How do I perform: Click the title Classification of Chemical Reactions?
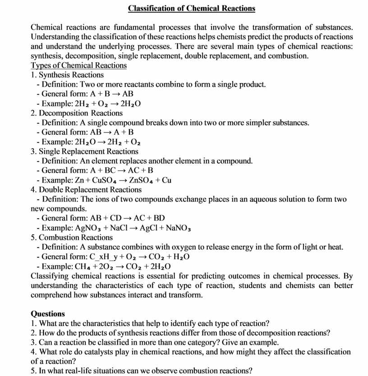[191, 8]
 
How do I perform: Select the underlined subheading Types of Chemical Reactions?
[78, 65]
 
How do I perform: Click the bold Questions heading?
[48, 314]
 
